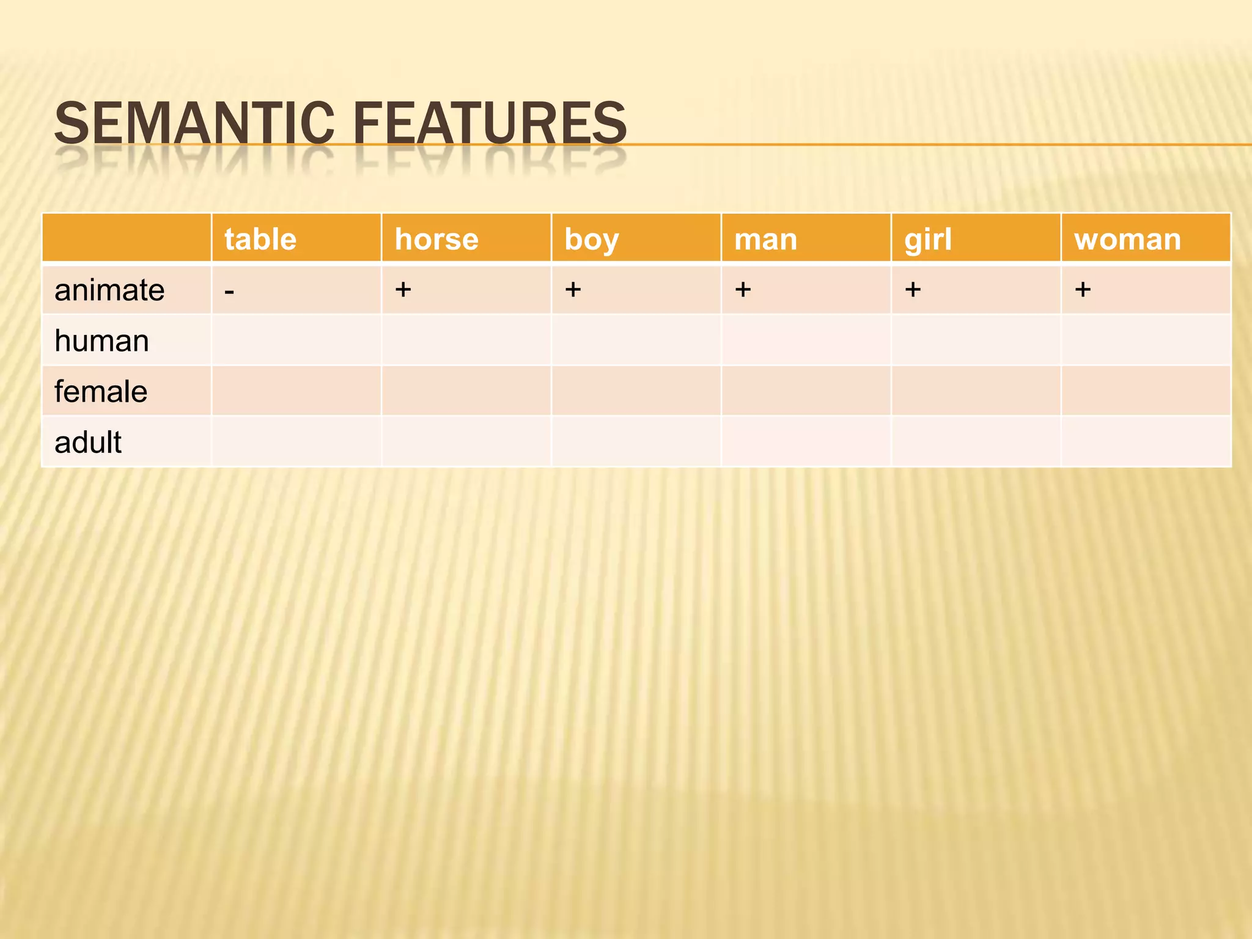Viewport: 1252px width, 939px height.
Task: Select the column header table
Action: (x=260, y=239)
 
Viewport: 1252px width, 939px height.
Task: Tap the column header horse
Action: (x=436, y=239)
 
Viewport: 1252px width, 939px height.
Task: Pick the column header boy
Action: (x=591, y=239)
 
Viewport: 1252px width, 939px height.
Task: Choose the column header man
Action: (x=765, y=239)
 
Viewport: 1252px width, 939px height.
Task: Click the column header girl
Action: (x=928, y=239)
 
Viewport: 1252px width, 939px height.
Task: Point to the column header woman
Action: (x=1127, y=239)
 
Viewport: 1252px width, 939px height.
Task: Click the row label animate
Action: (x=109, y=290)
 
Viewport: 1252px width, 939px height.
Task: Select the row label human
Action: (x=101, y=341)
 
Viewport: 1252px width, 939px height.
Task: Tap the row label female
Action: (x=101, y=391)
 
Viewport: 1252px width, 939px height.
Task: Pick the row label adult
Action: (x=88, y=442)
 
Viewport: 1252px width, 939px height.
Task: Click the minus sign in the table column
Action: (x=229, y=292)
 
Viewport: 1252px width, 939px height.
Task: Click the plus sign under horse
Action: (x=403, y=289)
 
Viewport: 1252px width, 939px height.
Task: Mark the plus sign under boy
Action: (x=573, y=289)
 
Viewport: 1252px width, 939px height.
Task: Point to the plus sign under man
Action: (x=743, y=289)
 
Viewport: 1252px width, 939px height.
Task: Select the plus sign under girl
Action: (x=913, y=289)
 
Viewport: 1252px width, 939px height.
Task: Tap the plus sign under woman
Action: (x=1083, y=289)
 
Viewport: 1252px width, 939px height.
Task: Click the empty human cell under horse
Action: (x=466, y=341)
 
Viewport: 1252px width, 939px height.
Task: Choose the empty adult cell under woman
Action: (x=1146, y=442)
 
